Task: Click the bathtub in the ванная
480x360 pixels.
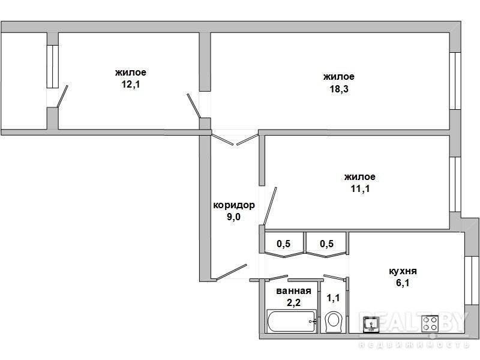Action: point(292,321)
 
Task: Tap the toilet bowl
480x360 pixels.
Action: point(333,322)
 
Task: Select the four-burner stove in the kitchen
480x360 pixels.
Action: point(430,323)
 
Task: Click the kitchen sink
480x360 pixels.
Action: point(371,325)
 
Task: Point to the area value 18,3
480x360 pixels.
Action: point(339,89)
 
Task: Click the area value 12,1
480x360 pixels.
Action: point(131,84)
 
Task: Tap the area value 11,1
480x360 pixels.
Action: point(360,188)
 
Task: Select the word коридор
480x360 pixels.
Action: point(234,205)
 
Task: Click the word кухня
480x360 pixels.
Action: point(403,271)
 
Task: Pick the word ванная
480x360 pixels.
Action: point(293,290)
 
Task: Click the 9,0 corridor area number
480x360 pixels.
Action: point(233,217)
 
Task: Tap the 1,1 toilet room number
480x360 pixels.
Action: point(333,298)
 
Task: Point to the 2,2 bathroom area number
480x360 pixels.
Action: point(293,302)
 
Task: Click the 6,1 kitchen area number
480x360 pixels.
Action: point(403,283)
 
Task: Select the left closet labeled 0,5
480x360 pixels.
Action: point(284,244)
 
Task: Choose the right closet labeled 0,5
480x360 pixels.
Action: point(326,244)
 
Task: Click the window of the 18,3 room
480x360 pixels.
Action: point(455,81)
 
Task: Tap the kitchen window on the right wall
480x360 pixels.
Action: point(472,280)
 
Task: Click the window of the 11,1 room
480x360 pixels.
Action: point(455,184)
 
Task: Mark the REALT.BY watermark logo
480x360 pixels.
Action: point(414,329)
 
